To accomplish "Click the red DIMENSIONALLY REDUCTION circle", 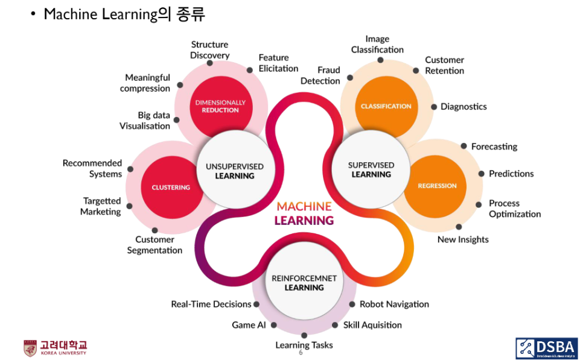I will pyautogui.click(x=220, y=106).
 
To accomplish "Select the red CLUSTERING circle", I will pyautogui.click(x=171, y=187).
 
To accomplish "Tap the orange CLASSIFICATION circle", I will pyautogui.click(x=386, y=106).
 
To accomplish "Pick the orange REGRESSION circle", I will pyautogui.click(x=437, y=186).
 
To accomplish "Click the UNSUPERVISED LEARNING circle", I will pyautogui.click(x=235, y=171).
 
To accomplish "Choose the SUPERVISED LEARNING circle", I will pyautogui.click(x=371, y=169).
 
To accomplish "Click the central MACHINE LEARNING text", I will pyautogui.click(x=304, y=213).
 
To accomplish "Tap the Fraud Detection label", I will pyautogui.click(x=320, y=75).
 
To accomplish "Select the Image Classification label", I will pyautogui.click(x=377, y=44).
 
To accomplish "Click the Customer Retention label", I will pyautogui.click(x=444, y=65).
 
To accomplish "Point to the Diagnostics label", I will pyautogui.click(x=463, y=107).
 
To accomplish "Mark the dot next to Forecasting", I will pyautogui.click(x=464, y=146).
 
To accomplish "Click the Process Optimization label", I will pyautogui.click(x=514, y=209).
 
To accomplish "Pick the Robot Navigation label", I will pyautogui.click(x=394, y=304).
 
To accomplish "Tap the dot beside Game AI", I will pyautogui.click(x=273, y=324).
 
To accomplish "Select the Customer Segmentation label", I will pyautogui.click(x=155, y=245).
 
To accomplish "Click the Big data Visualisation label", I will pyautogui.click(x=145, y=121).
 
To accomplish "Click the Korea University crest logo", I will pyautogui.click(x=30, y=348).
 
